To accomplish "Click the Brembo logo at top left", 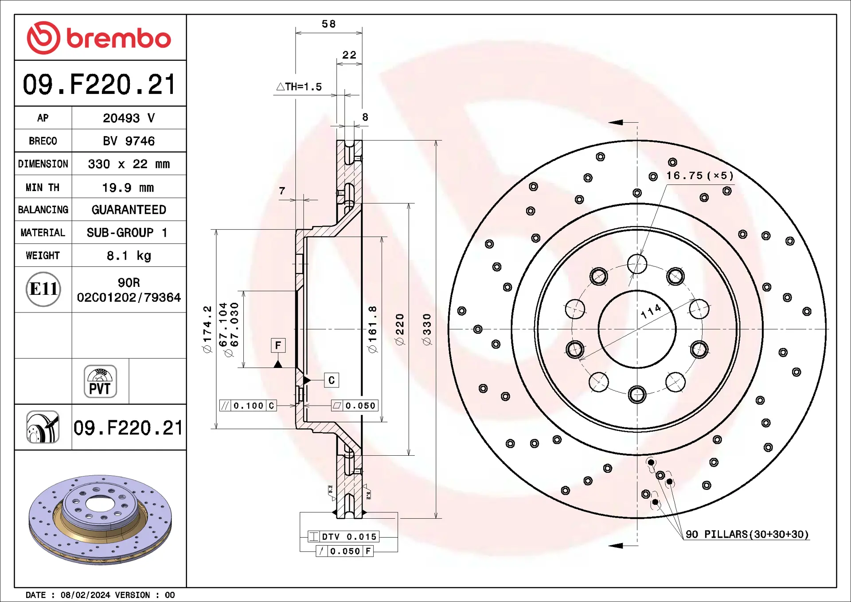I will coord(99,38).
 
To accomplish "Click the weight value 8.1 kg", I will coord(129,256).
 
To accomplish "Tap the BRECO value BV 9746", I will coord(129,141).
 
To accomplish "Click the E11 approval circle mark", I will coord(43,289).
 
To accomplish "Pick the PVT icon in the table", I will coord(100,381).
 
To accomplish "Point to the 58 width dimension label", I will coord(328,24).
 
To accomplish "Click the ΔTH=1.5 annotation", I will coord(299,87).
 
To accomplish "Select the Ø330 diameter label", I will coord(427,329).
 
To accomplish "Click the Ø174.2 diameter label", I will coord(207,329).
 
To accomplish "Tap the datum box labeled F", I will coord(278,345).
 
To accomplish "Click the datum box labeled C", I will coord(332,380).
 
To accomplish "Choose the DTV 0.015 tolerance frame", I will coord(344,537).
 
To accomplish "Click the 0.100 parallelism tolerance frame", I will coord(248,406).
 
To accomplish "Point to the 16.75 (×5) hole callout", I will coord(700,176).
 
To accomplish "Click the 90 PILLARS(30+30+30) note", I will coord(747,534).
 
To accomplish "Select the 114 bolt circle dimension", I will coord(651,311).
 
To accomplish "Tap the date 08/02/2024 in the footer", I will coord(85,595).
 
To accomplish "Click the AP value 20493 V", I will coord(129,118).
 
